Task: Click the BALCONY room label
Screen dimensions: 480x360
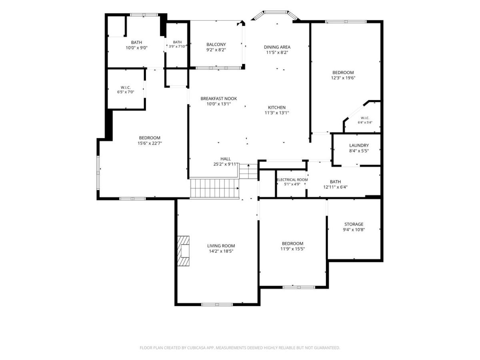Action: pyautogui.click(x=216, y=44)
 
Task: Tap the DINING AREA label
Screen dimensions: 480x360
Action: pyautogui.click(x=277, y=47)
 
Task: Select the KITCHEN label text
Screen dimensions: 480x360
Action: pyautogui.click(x=277, y=108)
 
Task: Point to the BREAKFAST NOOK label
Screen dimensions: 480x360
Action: pyautogui.click(x=218, y=98)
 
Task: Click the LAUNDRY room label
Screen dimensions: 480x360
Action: pyautogui.click(x=359, y=145)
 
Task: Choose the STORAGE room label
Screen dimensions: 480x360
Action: pyautogui.click(x=354, y=224)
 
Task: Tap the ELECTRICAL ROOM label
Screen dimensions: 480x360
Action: pyautogui.click(x=292, y=180)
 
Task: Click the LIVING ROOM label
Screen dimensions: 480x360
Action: pyautogui.click(x=221, y=246)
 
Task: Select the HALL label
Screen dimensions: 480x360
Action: pyautogui.click(x=226, y=159)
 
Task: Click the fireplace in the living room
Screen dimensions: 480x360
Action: pyautogui.click(x=183, y=251)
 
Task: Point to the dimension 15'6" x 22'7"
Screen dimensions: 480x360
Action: pyautogui.click(x=150, y=143)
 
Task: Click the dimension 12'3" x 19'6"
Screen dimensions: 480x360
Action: pyautogui.click(x=343, y=78)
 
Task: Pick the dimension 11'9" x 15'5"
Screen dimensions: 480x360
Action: pyautogui.click(x=292, y=249)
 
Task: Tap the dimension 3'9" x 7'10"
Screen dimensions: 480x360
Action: pyautogui.click(x=177, y=46)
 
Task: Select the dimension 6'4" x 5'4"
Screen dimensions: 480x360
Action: pyautogui.click(x=365, y=122)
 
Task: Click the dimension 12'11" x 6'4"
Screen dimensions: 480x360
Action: pyautogui.click(x=335, y=187)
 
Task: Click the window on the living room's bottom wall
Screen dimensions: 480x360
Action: pyautogui.click(x=217, y=304)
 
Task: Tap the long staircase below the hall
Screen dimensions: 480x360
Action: pyautogui.click(x=214, y=188)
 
